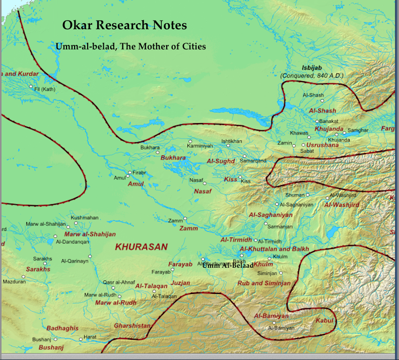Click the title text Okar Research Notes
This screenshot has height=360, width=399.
point(124,25)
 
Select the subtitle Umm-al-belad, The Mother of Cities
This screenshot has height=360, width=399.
point(130,47)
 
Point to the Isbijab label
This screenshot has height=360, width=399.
point(311,68)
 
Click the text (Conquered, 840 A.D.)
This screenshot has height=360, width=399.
point(312,76)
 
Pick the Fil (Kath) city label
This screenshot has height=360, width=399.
point(44,89)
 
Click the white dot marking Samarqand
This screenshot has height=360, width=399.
point(244,156)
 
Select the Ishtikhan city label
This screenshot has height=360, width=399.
point(231,141)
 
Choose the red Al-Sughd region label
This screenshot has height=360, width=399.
point(221,161)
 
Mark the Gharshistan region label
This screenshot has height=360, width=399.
point(132,326)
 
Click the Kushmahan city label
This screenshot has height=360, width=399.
point(85,218)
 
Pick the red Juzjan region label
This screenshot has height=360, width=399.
point(180,283)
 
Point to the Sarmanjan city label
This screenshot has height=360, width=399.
point(280,226)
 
